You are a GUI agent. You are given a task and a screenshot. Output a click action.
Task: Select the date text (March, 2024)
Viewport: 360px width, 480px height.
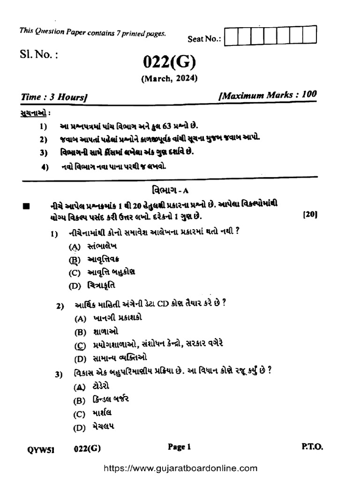(x=169, y=78)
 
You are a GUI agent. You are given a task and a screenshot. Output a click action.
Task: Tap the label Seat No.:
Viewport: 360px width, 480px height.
(x=204, y=39)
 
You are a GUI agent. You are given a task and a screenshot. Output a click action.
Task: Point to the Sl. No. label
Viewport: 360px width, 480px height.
(x=39, y=55)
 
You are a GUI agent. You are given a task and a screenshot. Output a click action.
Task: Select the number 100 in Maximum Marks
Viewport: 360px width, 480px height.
(x=309, y=94)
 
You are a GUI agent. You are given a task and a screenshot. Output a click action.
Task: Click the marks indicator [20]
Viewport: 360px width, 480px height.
(x=310, y=215)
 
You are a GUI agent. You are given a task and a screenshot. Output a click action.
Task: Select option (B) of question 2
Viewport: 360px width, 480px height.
(x=81, y=332)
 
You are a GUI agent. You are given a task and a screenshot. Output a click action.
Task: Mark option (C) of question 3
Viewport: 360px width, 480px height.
(x=79, y=414)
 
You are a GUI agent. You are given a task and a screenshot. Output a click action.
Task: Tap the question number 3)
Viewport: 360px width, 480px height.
(x=59, y=374)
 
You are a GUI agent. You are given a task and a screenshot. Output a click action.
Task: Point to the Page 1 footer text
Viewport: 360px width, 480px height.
(x=180, y=447)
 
